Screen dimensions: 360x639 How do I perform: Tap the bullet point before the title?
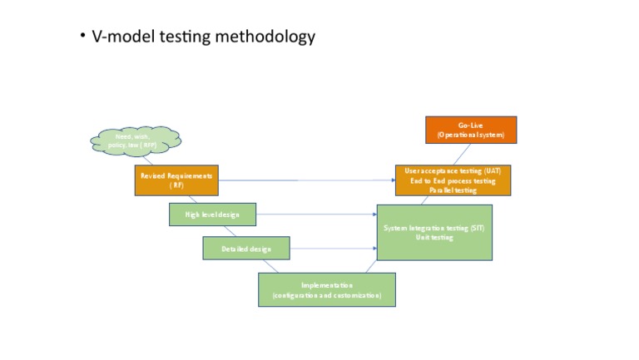coord(83,36)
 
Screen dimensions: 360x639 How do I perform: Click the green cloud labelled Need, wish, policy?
coord(135,141)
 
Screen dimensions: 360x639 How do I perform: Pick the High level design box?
coord(212,215)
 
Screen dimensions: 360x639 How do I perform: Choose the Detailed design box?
coord(246,249)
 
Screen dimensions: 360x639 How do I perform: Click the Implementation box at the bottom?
coord(326,289)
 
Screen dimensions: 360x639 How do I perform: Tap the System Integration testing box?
coord(434,232)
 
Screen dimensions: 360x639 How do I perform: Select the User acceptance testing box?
coord(453,180)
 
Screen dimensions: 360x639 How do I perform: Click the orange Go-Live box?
coord(471,130)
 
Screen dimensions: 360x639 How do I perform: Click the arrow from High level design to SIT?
coord(316,215)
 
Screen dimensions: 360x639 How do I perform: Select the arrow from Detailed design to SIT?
coord(333,249)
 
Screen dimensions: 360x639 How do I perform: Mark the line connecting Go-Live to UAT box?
coord(463,154)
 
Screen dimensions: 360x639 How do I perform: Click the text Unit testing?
coord(434,238)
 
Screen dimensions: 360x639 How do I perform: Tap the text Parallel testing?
coord(453,190)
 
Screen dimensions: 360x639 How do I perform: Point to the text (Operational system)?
coord(471,135)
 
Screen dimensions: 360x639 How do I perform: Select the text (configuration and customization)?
coord(326,296)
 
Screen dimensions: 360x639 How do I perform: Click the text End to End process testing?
coord(453,180)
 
